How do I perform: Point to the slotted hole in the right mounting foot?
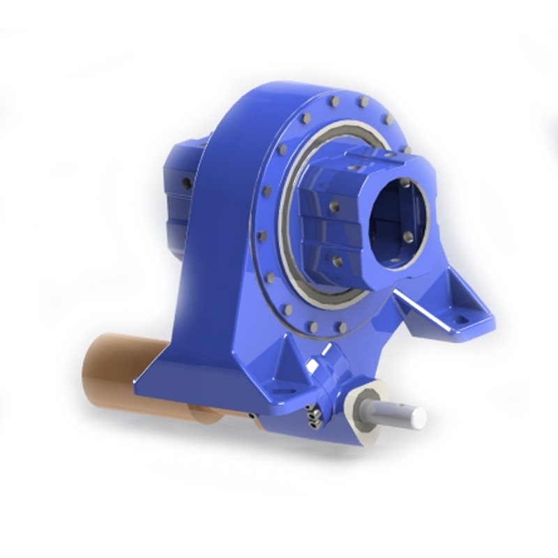tap(460, 320)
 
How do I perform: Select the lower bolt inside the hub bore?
tap(408, 236)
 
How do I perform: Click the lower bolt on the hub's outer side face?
tap(338, 259)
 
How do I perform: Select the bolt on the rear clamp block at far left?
tap(186, 183)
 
